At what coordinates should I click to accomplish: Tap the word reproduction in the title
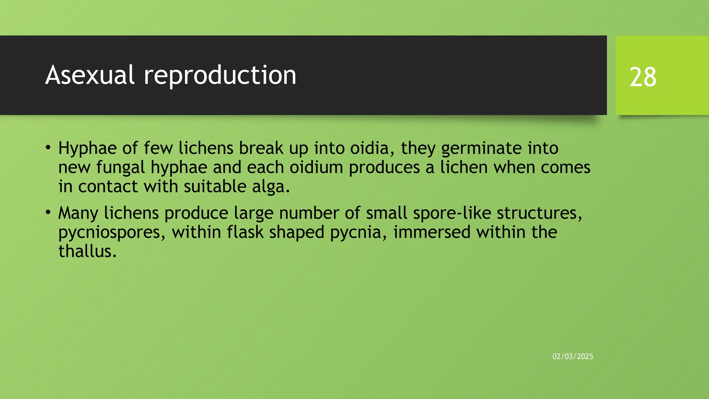point(220,76)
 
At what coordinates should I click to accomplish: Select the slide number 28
point(643,77)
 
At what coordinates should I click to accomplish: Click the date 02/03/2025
point(573,356)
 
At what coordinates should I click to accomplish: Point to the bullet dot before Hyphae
point(48,148)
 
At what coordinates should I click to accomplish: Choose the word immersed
point(432,232)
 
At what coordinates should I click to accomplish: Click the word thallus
point(87,251)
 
